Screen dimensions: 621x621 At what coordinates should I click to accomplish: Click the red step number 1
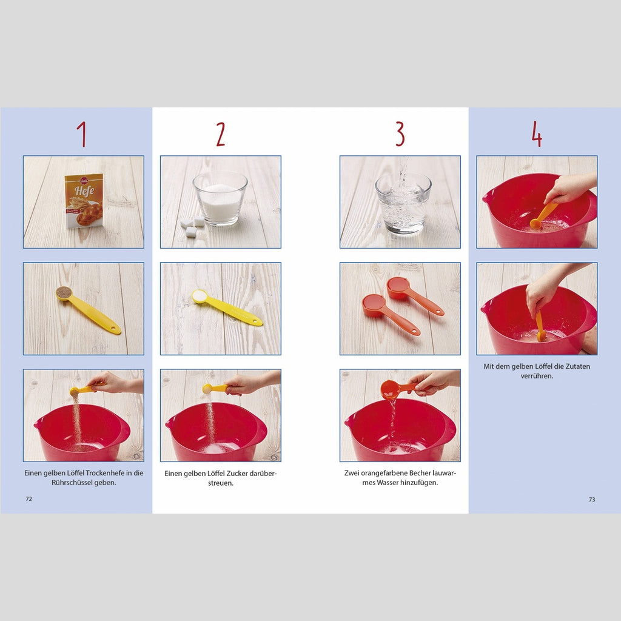click(82, 134)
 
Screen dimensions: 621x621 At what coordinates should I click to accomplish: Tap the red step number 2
click(221, 134)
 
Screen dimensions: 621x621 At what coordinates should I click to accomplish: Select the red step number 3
click(400, 134)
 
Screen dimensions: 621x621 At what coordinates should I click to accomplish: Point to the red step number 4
click(537, 134)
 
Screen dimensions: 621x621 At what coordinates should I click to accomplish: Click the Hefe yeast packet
click(84, 201)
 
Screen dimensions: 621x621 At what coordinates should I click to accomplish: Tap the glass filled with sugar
click(220, 198)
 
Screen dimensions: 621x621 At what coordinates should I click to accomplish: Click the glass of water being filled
click(403, 203)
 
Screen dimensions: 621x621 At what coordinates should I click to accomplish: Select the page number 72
click(29, 499)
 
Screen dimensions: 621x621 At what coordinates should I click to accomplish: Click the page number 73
click(592, 500)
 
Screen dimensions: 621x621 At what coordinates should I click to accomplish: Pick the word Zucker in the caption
click(237, 473)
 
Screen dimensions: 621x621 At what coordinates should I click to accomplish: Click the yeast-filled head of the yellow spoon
click(63, 293)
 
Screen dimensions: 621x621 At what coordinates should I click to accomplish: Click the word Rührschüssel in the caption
click(72, 483)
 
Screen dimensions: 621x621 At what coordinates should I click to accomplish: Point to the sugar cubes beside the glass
click(192, 226)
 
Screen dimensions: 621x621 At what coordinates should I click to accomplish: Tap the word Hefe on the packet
click(85, 191)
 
